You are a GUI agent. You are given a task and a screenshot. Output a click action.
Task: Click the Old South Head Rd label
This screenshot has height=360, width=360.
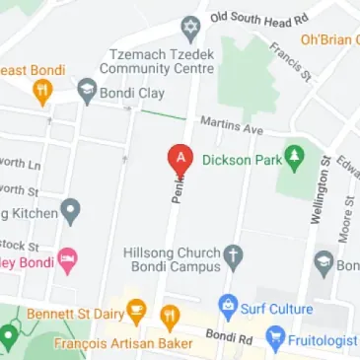pyautogui.click(x=258, y=18)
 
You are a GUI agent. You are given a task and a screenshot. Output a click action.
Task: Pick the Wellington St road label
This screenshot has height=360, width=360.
pyautogui.click(x=319, y=188)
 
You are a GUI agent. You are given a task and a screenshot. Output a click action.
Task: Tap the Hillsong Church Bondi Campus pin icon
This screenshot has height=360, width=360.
pyautogui.click(x=234, y=258)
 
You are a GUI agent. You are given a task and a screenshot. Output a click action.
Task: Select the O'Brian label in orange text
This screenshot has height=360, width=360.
pyautogui.click(x=329, y=40)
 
